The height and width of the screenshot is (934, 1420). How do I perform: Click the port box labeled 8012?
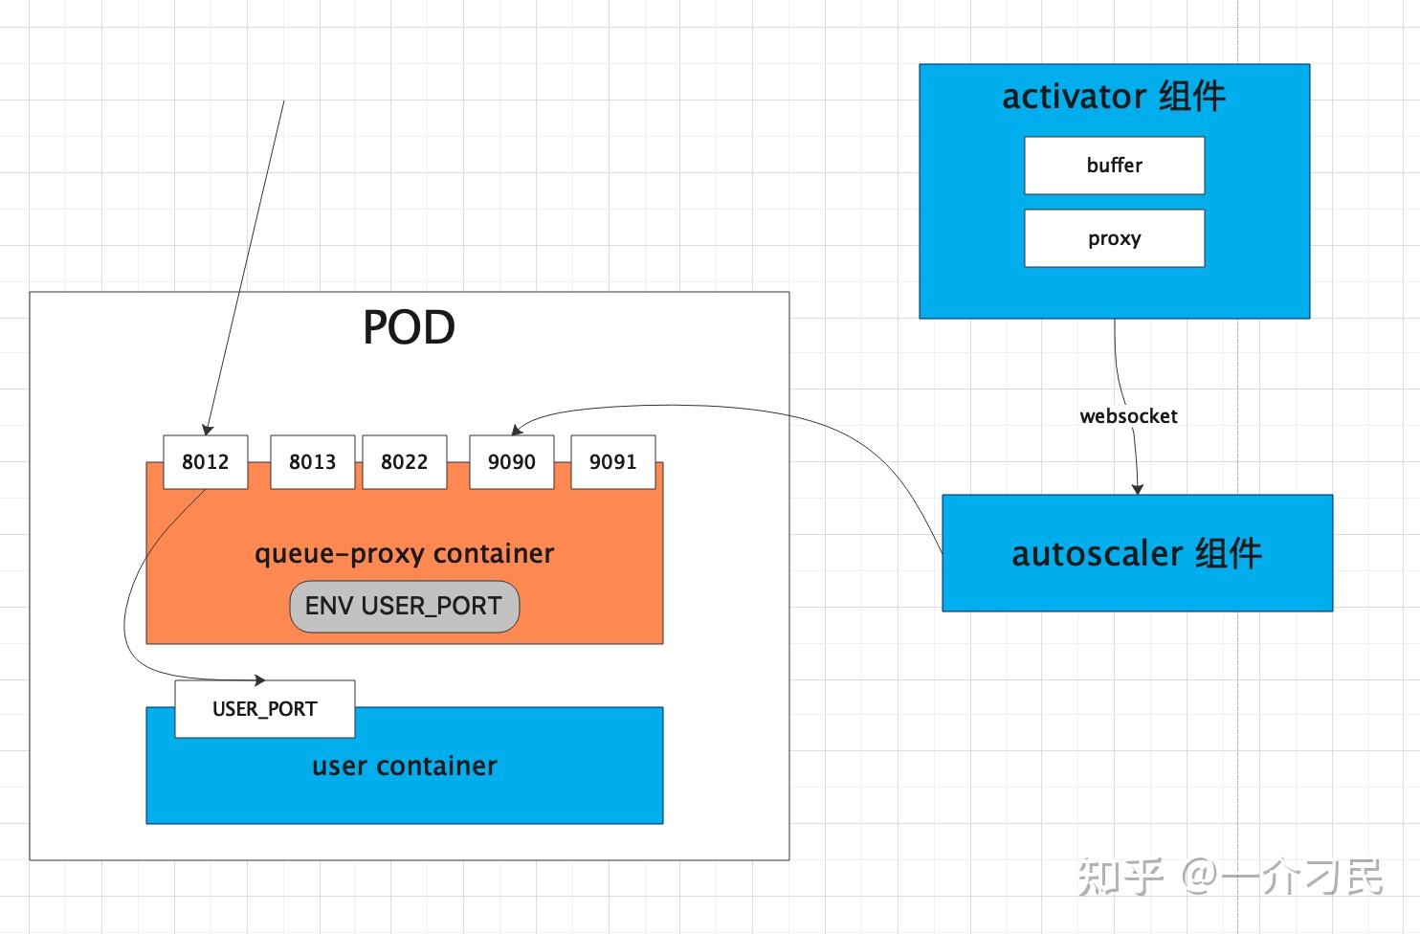pos(206,461)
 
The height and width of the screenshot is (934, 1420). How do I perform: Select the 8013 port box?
pos(313,461)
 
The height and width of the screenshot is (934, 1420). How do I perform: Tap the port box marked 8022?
pos(405,461)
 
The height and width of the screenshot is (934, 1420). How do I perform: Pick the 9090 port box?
pos(512,461)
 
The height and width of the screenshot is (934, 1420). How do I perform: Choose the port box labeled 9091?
pos(613,461)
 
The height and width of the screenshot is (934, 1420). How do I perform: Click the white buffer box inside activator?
pos(1115,166)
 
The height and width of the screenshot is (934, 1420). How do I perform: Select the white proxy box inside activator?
pos(1115,238)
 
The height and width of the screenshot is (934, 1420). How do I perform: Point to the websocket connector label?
pos(1128,416)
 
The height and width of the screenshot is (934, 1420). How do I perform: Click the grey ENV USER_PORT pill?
pos(405,606)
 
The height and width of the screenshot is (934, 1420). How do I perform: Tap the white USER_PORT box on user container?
pos(265,709)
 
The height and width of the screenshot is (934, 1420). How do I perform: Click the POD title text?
pos(409,327)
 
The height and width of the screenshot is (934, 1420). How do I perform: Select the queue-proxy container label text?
pos(405,554)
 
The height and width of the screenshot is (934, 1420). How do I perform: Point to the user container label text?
pos(405,766)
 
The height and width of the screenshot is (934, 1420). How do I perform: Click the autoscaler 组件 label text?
pos(1138,553)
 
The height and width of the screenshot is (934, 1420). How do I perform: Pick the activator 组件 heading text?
pos(1114,97)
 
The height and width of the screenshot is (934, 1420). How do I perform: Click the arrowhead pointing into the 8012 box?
pos(208,430)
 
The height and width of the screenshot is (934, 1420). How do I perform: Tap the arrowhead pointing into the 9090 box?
pos(517,430)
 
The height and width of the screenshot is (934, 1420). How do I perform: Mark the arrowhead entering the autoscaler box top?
pos(1138,490)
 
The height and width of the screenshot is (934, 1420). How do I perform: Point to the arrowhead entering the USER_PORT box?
pos(260,679)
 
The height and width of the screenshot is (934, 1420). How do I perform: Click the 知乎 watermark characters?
pos(1120,877)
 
